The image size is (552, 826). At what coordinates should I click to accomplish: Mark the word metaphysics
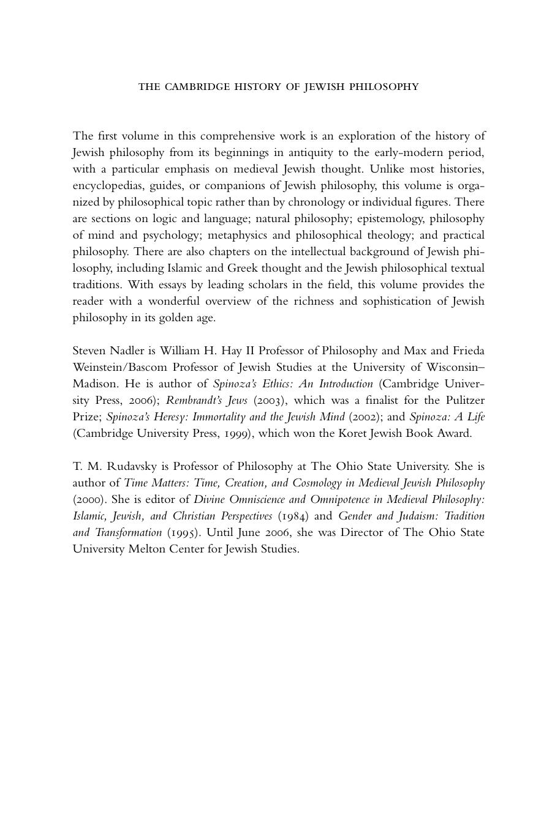click(x=237, y=235)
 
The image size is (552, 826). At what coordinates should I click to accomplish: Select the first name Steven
click(x=89, y=351)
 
